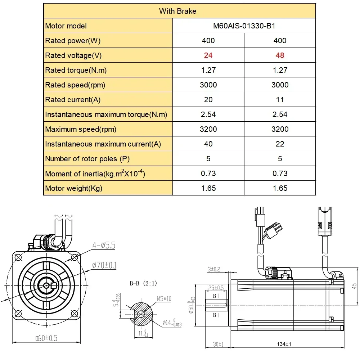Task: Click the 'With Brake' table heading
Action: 177,11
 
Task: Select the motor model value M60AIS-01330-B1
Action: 244,26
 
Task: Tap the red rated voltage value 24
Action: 208,55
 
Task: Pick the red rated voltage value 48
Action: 280,55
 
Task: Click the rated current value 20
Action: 208,100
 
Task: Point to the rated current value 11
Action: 280,100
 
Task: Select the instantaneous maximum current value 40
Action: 208,144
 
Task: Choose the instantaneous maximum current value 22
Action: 280,144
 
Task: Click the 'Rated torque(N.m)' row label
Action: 76,70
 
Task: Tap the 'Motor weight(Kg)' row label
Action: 74,188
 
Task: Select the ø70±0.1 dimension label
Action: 104,266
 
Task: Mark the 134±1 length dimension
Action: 284,345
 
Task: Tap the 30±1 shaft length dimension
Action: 218,345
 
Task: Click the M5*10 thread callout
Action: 164,298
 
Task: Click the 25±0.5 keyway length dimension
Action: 216,288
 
